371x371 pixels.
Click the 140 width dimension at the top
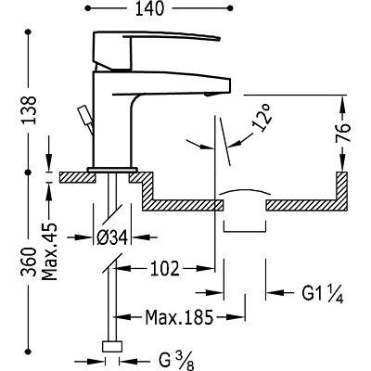(x=149, y=8)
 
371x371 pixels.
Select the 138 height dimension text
(x=30, y=110)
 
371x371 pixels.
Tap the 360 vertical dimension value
(x=30, y=262)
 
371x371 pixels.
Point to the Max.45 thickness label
(x=49, y=251)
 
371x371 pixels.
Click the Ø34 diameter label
(x=112, y=238)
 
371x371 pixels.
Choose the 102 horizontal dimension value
(x=165, y=268)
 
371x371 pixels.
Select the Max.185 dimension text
(x=179, y=317)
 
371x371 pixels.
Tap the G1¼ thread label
(x=323, y=293)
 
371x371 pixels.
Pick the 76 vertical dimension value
(x=342, y=133)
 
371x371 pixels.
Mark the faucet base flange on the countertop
(x=112, y=170)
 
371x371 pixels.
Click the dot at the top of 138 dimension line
(x=29, y=32)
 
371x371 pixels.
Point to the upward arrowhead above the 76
(x=342, y=103)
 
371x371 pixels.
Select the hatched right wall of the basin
(x=342, y=191)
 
